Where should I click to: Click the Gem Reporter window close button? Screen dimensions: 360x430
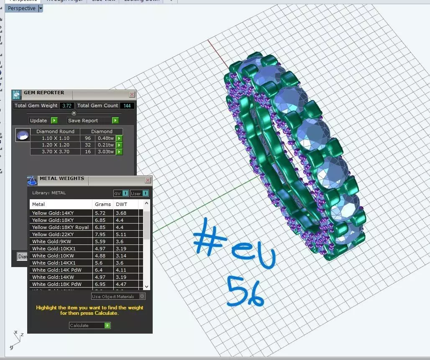132,95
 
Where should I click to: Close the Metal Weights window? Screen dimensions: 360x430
148,180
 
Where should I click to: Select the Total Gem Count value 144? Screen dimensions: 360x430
127,106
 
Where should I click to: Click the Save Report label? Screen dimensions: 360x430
83,121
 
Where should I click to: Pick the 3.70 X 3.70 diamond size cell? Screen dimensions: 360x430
55,152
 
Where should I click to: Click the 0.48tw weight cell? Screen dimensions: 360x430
105,138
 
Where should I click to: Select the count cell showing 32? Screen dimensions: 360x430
88,145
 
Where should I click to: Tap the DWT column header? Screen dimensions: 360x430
121,204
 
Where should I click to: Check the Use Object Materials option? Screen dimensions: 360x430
142,296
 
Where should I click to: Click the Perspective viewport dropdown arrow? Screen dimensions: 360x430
41,8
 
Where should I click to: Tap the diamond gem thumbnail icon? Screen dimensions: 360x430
23,135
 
